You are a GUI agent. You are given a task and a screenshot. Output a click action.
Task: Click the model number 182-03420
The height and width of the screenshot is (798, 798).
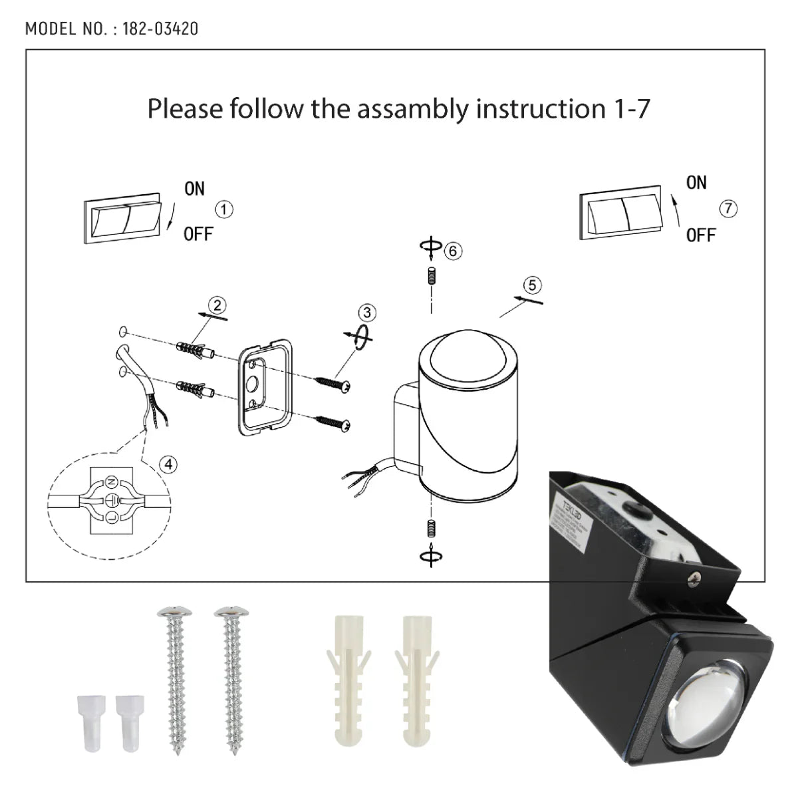[160, 29]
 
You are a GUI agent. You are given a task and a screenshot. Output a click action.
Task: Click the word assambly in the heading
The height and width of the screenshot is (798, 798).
[414, 108]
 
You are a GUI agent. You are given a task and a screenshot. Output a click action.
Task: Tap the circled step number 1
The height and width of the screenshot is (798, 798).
[225, 209]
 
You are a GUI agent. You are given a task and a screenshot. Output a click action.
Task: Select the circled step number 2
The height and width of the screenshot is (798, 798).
[217, 305]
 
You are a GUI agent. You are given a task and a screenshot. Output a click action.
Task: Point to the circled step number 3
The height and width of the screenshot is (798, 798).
[366, 313]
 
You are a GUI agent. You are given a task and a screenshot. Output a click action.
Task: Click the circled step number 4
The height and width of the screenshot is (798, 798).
[169, 464]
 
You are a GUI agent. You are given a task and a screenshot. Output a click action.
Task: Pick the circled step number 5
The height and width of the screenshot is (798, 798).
[532, 285]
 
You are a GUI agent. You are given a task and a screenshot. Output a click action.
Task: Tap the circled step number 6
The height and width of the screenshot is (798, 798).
[453, 251]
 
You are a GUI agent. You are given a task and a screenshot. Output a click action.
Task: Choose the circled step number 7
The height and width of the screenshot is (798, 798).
[728, 208]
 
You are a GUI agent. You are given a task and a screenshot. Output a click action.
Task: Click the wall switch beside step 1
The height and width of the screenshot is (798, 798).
[122, 219]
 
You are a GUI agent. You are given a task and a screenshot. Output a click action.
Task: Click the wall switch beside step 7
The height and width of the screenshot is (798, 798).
[620, 214]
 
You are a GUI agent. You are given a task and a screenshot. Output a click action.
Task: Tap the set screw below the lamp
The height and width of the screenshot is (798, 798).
[431, 529]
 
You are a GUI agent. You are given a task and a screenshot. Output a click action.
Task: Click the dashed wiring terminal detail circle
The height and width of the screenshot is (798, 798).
[110, 497]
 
